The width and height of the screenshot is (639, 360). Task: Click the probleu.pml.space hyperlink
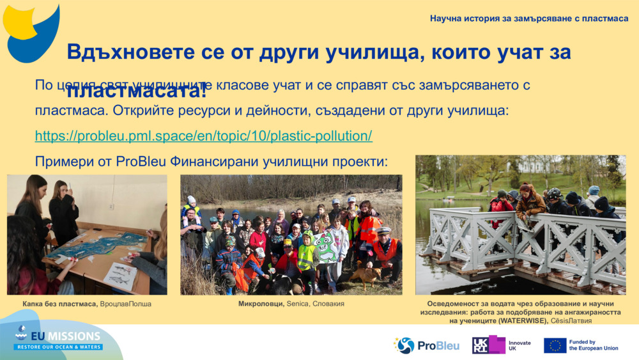(x=203, y=136)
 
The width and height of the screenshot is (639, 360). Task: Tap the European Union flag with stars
(x=555, y=345)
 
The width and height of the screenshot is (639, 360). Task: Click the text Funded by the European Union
(x=593, y=345)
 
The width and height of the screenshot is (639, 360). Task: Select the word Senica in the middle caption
(x=298, y=304)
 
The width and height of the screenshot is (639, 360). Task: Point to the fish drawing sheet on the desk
(x=121, y=276)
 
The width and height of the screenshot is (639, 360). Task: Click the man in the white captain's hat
(x=385, y=246)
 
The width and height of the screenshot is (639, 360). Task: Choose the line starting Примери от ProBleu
(x=211, y=161)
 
